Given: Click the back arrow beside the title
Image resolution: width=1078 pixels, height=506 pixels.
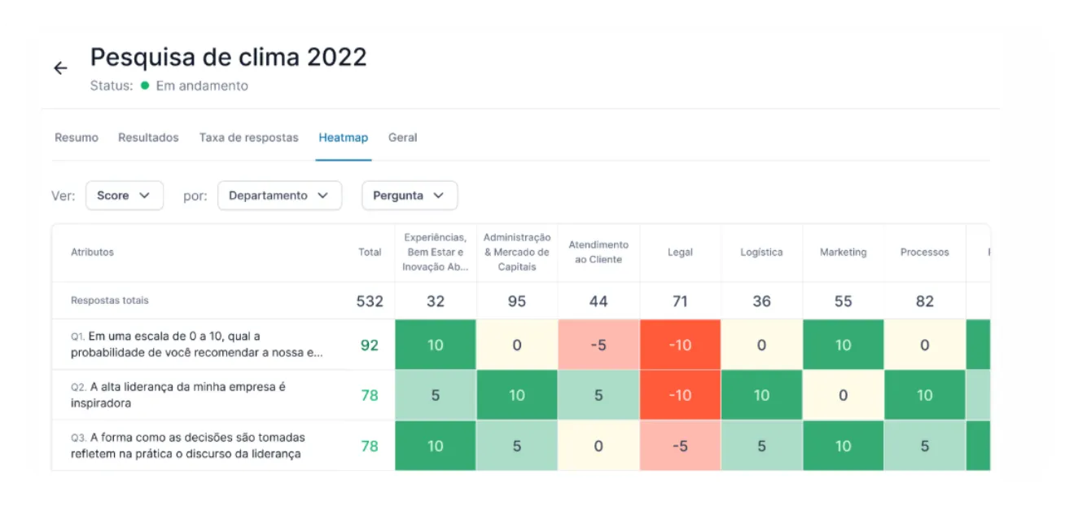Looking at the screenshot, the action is point(60,68).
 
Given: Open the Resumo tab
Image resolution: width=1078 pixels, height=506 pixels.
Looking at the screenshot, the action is point(76,138).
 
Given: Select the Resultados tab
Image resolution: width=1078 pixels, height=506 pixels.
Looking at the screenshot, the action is point(148,138).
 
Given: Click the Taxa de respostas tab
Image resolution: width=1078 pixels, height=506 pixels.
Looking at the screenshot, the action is point(249,138).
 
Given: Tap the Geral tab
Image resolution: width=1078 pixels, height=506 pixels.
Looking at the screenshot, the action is point(403,138).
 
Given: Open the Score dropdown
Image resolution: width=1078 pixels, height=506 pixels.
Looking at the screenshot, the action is point(124,196).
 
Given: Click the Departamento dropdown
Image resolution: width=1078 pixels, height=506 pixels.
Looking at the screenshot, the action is point(279,196).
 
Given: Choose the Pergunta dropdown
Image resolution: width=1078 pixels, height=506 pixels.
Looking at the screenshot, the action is point(410,196).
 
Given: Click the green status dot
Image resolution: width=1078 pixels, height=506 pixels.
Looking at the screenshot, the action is point(145,86).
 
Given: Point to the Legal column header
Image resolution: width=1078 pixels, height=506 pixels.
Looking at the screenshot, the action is point(680,253).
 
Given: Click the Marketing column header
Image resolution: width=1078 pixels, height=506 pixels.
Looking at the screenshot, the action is point(844,253).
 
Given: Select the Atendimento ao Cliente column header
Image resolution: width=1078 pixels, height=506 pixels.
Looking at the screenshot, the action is point(598,253).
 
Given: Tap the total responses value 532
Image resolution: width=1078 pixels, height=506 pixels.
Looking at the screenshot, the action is point(370,301).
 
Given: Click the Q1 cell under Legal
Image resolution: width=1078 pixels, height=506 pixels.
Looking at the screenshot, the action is point(680,345).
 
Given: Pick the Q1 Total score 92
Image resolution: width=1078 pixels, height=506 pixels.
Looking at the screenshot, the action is point(370,345).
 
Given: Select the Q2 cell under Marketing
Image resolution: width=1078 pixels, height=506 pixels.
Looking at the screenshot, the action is point(844,395).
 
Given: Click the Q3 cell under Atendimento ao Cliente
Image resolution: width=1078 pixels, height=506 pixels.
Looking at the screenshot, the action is point(598,446).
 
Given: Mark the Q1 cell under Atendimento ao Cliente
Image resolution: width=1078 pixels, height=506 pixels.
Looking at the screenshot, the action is point(598,345).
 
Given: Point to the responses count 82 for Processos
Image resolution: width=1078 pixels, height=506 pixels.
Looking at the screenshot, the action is point(924,301).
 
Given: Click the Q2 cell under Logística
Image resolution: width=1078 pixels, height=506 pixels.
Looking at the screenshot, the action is point(761,395).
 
